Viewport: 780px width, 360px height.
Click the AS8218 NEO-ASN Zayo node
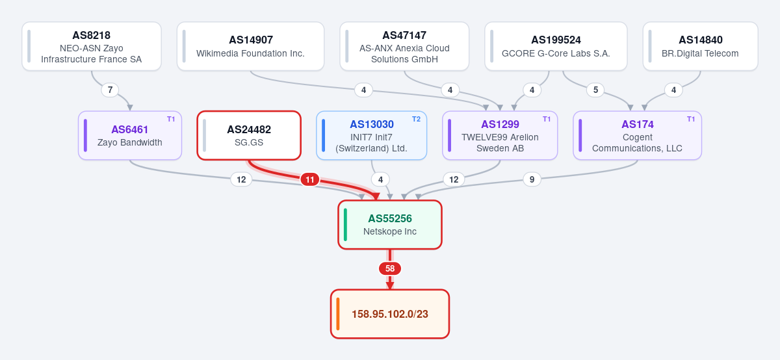pyautogui.click(x=92, y=46)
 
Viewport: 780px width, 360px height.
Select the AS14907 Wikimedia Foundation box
pyautogui.click(x=250, y=46)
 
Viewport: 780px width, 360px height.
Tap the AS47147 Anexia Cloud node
pyautogui.click(x=404, y=46)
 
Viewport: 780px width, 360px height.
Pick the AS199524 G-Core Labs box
pyautogui.click(x=556, y=46)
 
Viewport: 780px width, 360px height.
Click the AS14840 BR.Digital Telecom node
pyautogui.click(x=700, y=46)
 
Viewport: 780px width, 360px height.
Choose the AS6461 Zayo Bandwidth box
pyautogui.click(x=130, y=135)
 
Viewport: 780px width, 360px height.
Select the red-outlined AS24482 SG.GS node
pyautogui.click(x=249, y=135)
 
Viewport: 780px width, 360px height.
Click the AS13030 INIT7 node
pyautogui.click(x=372, y=135)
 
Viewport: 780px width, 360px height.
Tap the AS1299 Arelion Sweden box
pyautogui.click(x=500, y=135)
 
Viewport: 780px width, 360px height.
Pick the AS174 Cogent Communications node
pyautogui.click(x=637, y=135)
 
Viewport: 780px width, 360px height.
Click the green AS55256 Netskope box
pyautogui.click(x=390, y=225)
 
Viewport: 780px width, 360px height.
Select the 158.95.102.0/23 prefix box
pyautogui.click(x=390, y=314)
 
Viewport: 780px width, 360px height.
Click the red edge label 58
pyautogui.click(x=390, y=268)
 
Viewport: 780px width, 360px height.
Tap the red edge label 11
pyautogui.click(x=309, y=179)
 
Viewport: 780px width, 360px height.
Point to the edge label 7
pyautogui.click(x=110, y=90)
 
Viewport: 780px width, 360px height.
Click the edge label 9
pyautogui.click(x=532, y=179)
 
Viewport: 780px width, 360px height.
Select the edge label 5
pyautogui.click(x=595, y=90)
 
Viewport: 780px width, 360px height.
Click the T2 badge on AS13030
pyautogui.click(x=416, y=119)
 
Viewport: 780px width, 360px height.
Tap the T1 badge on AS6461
pyautogui.click(x=171, y=119)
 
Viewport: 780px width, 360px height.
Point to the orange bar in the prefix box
pyautogui.click(x=338, y=314)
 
